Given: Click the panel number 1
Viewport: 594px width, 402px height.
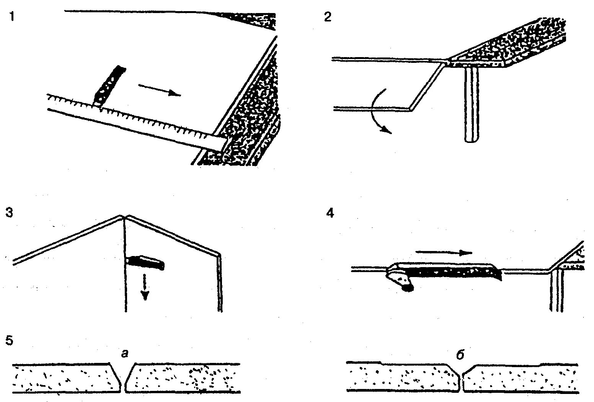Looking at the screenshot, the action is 12,17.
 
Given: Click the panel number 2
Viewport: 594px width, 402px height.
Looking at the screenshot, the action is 328,17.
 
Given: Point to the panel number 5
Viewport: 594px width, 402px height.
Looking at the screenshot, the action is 10,341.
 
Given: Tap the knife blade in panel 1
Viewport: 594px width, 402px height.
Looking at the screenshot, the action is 109,85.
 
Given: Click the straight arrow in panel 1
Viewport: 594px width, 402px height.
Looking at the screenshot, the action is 158,90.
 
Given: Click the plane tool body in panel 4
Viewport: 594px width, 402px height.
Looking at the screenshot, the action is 448,271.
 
